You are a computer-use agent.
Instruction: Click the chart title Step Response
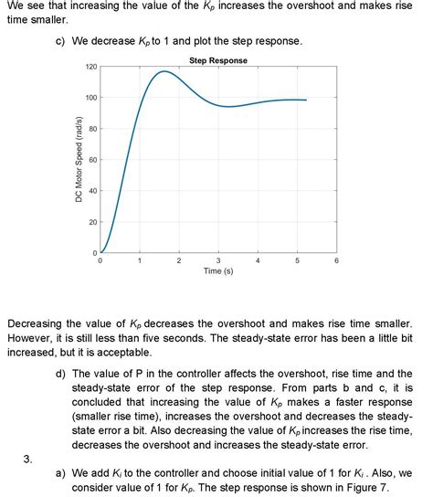pyautogui.click(x=217, y=60)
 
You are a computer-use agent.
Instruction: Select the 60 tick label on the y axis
pyautogui.click(x=93, y=160)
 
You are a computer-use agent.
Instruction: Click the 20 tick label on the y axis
pyautogui.click(x=93, y=222)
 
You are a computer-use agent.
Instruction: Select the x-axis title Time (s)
pyautogui.click(x=217, y=271)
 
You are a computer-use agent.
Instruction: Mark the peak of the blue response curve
pyautogui.click(x=164, y=71)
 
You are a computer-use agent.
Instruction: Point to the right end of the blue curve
pyautogui.click(x=306, y=100)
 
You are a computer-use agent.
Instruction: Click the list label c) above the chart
pyautogui.click(x=61, y=43)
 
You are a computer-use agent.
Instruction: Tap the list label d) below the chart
pyautogui.click(x=61, y=374)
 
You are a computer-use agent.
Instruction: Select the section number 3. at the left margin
pyautogui.click(x=28, y=460)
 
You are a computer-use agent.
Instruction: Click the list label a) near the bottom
pyautogui.click(x=61, y=475)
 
